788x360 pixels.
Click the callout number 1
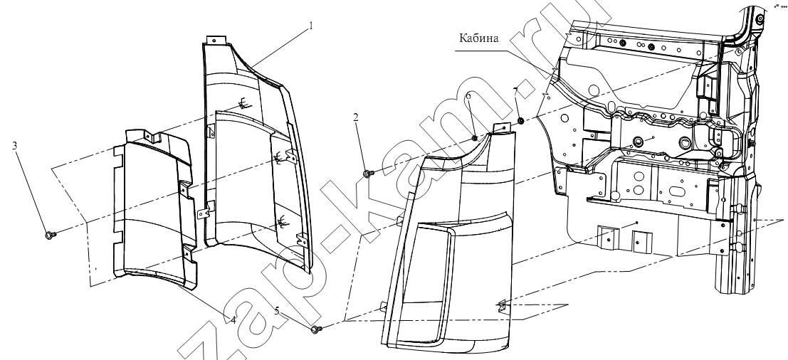click(x=310, y=26)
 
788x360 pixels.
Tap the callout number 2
click(x=356, y=117)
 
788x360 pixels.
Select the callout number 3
click(x=14, y=146)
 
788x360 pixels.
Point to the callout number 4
click(x=233, y=320)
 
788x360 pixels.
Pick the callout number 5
click(x=277, y=311)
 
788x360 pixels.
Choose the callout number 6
click(x=468, y=95)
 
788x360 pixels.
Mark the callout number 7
click(x=515, y=91)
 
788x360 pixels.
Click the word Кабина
click(x=478, y=38)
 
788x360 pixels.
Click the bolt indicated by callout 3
click(x=49, y=235)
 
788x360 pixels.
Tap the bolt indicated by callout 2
click(x=367, y=173)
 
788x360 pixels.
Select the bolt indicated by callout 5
click(x=316, y=329)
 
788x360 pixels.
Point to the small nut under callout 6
click(x=474, y=137)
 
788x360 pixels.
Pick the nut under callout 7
click(x=521, y=120)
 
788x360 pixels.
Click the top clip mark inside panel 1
click(x=244, y=103)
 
